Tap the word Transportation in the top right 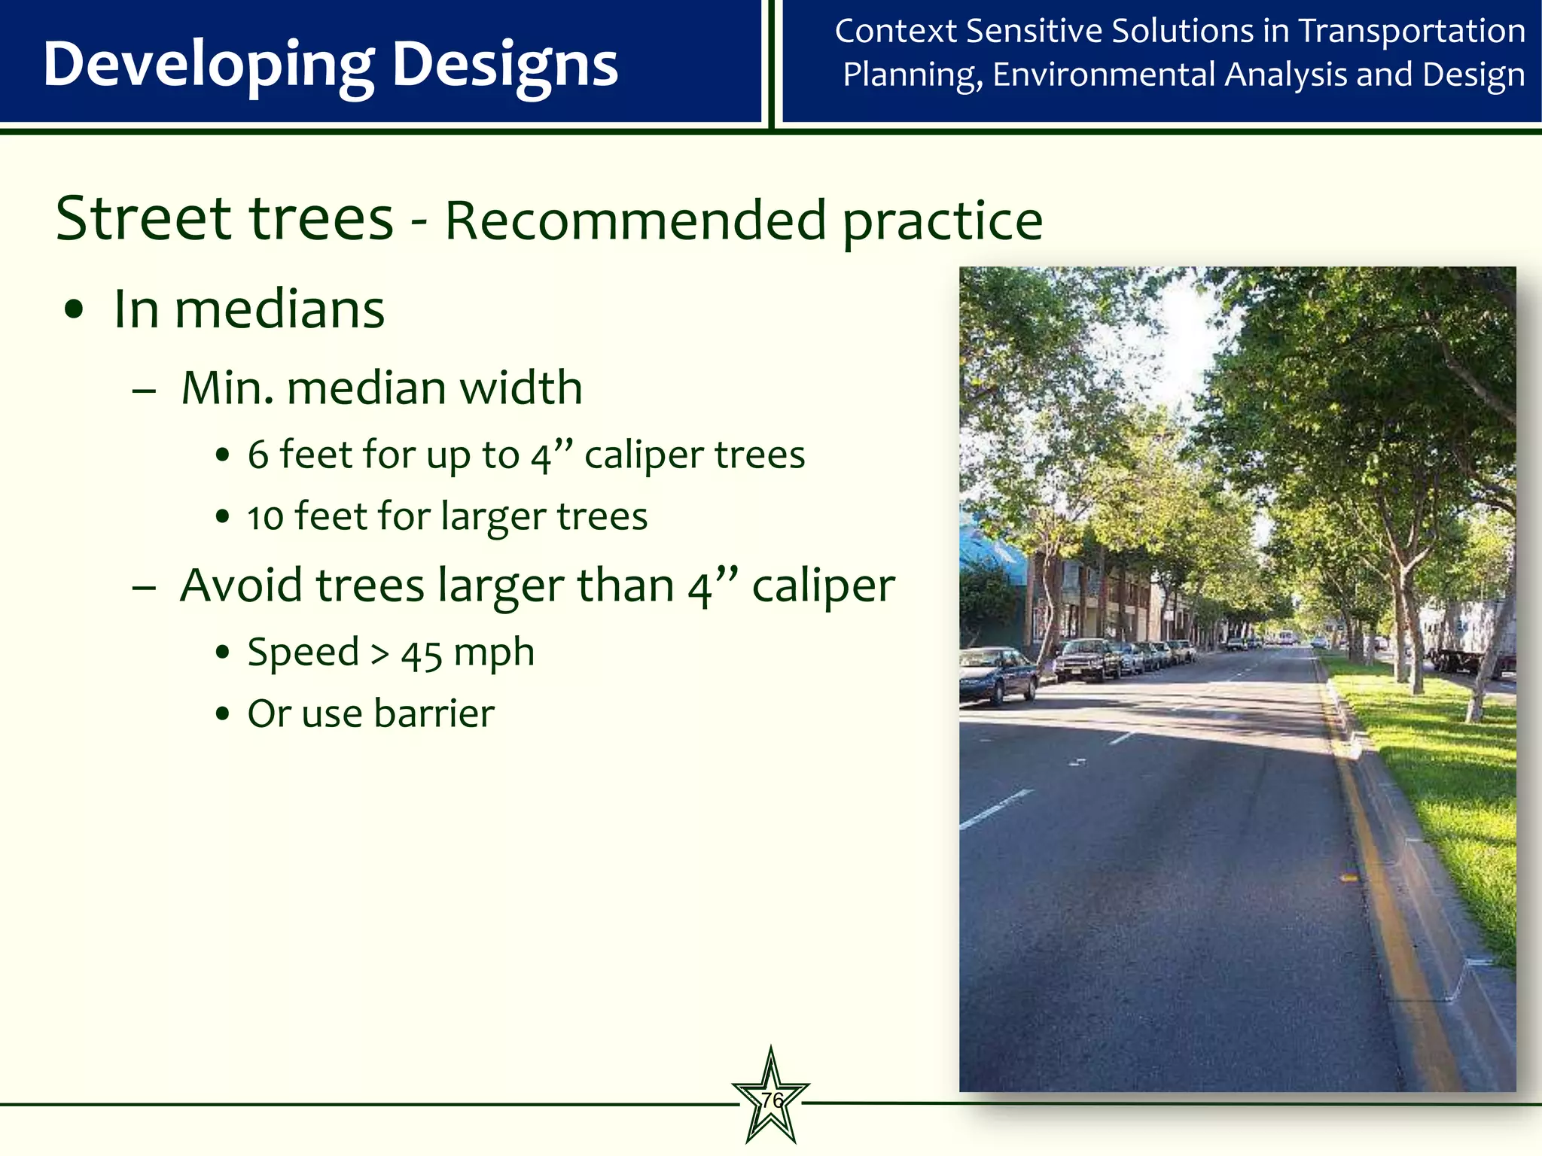tap(1412, 32)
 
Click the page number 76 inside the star tap(771, 1100)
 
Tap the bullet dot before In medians tap(74, 311)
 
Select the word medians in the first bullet tap(279, 309)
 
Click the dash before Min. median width tap(144, 391)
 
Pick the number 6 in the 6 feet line tap(258, 455)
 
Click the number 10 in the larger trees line tap(265, 518)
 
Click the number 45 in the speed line tap(421, 653)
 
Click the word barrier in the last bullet tap(434, 713)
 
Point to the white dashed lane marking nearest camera tap(995, 810)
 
